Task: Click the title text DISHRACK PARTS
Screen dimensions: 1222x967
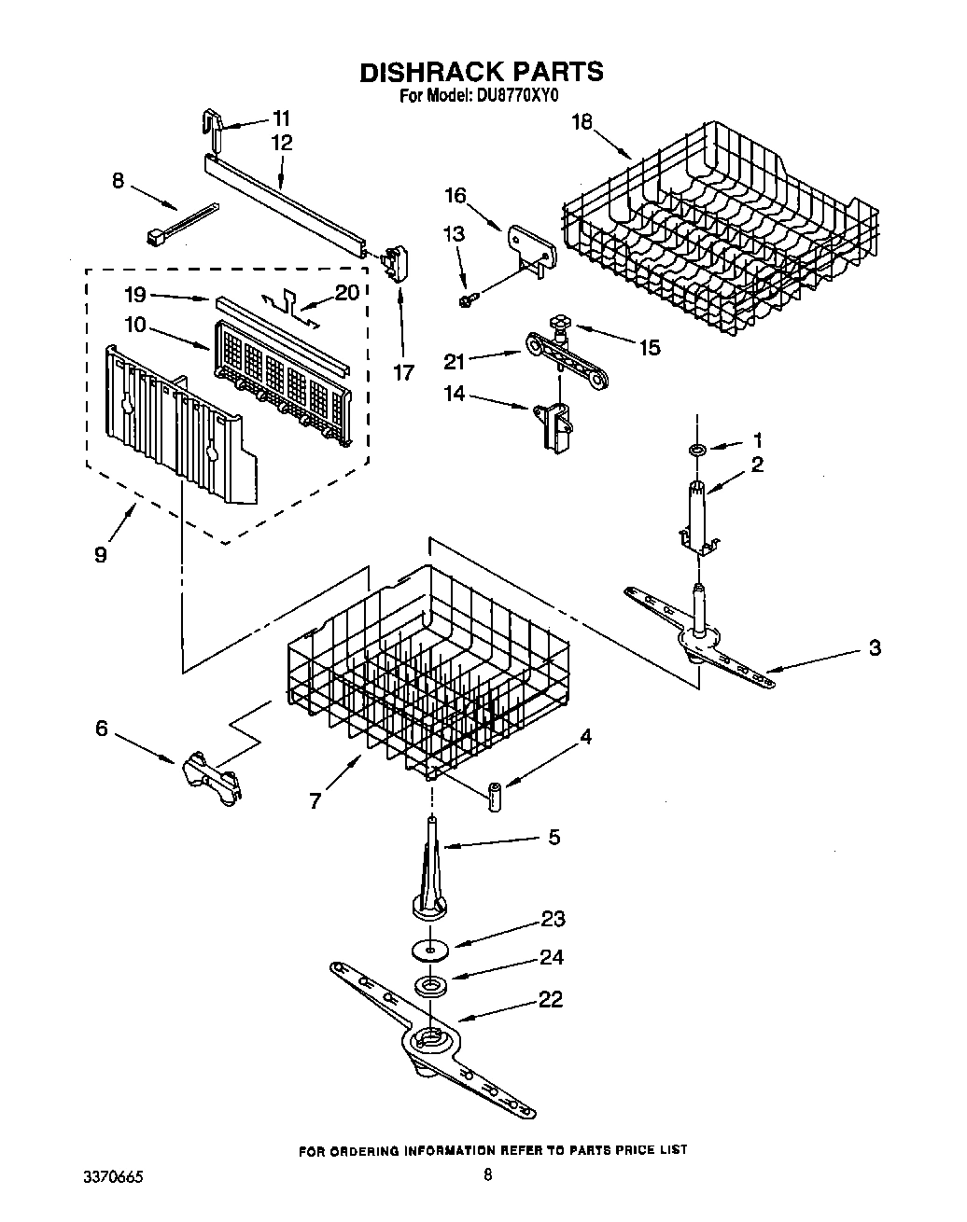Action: tap(481, 71)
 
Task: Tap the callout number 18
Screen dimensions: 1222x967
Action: tap(582, 122)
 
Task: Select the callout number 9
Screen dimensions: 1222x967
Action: tap(100, 554)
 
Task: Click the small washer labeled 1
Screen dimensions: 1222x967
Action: tap(696, 451)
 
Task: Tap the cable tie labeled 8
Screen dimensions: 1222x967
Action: tap(181, 225)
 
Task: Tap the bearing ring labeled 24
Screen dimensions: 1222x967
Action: tap(430, 985)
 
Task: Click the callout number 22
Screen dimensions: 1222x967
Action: tap(551, 999)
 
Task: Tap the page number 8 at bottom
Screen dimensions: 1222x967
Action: tap(486, 1175)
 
